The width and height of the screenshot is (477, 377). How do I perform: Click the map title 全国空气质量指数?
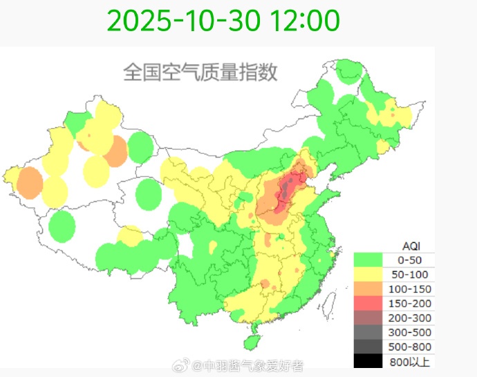tap(200, 72)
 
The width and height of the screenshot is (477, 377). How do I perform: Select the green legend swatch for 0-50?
tap(368, 260)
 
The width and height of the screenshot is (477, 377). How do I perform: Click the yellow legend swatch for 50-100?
tap(368, 275)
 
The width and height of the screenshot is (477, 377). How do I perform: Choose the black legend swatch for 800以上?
tap(368, 361)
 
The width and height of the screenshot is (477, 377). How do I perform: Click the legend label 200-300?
tap(411, 318)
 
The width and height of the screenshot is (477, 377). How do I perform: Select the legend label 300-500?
tap(411, 333)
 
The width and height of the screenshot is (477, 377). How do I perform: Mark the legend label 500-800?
tap(411, 347)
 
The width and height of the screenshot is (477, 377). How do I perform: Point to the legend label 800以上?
tap(411, 361)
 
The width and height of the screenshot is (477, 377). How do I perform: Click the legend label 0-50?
tap(411, 260)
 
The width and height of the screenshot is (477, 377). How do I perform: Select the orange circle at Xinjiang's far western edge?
tap(30, 183)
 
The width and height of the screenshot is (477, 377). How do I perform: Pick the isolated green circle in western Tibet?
tap(62, 226)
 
